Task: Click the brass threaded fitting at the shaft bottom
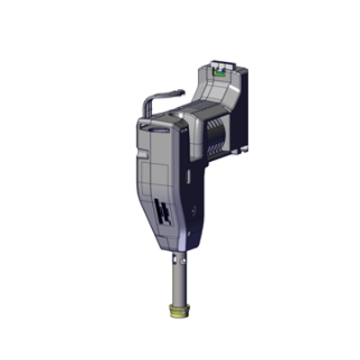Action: pyautogui.click(x=179, y=314)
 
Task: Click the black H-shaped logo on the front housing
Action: pyautogui.click(x=164, y=213)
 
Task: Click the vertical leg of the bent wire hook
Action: pyautogui.click(x=150, y=108)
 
